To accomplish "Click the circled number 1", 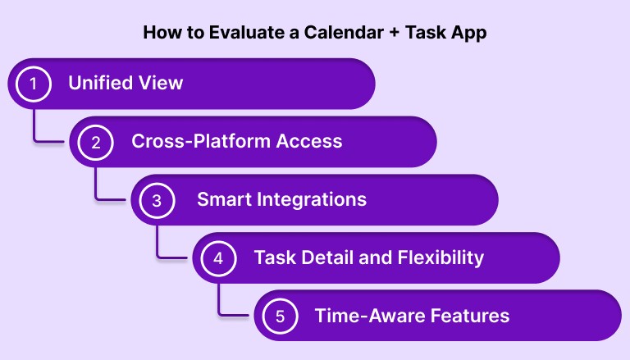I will pos(34,84).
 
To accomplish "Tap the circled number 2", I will pos(96,142).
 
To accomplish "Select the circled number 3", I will pos(157,200).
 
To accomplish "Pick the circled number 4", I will pos(218,258).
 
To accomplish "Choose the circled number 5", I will pos(280,316).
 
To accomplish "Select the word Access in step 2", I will pos(312,141).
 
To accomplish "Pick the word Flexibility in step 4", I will pos(440,257).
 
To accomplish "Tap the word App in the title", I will pos(468,33).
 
